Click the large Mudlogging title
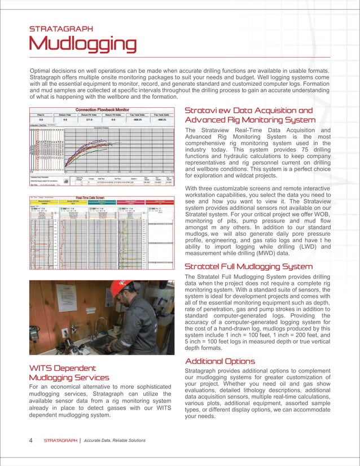[x=83, y=43]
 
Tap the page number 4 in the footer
[x=30, y=440]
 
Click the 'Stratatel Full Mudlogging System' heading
[x=249, y=266]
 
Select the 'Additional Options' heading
[x=220, y=361]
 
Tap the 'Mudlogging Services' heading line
[x=69, y=377]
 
